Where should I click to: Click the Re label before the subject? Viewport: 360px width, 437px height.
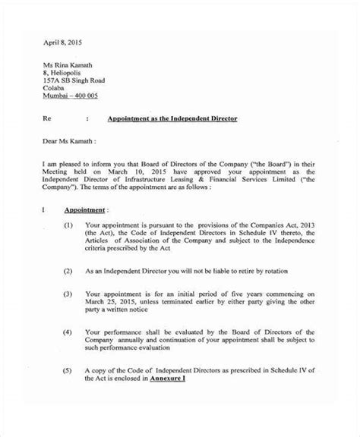[x=47, y=119]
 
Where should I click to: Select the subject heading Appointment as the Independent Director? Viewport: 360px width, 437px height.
[x=172, y=119]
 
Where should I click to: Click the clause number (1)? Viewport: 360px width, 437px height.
[x=68, y=226]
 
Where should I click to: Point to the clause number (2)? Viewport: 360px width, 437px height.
[x=68, y=271]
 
